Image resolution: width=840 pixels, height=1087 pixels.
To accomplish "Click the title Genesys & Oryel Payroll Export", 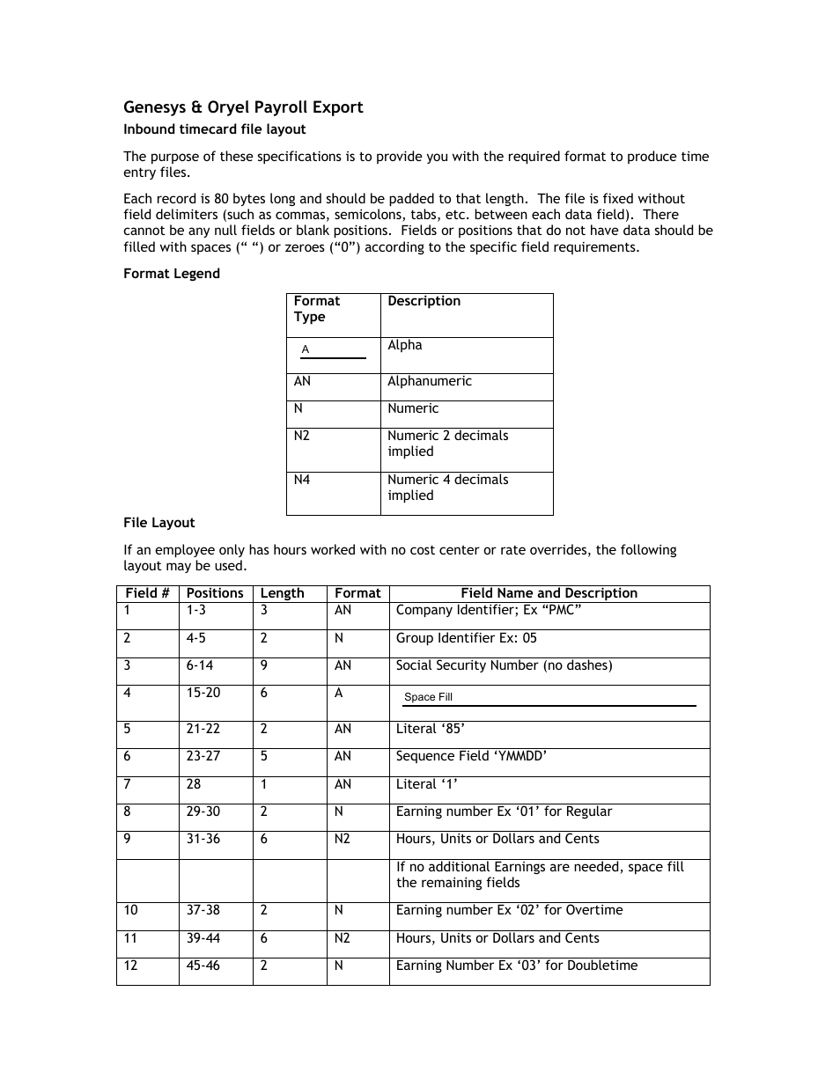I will (x=243, y=107).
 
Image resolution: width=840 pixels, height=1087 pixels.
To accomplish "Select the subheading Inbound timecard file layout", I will (x=214, y=129).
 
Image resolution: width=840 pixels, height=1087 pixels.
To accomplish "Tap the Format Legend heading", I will (x=172, y=274).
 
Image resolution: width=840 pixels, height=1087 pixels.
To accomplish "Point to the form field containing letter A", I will (x=333, y=350).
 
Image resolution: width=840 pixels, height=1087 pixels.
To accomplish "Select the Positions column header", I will (x=215, y=593).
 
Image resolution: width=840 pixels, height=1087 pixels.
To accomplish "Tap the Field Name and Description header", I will (x=549, y=593).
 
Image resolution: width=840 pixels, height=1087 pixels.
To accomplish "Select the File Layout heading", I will (x=159, y=523).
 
